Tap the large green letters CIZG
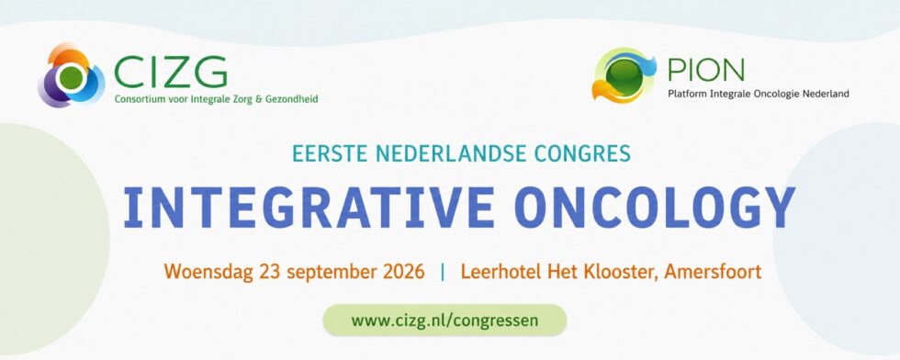tap(171, 72)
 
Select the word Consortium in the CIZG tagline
tap(136, 99)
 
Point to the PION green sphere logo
tap(623, 75)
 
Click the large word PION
tap(706, 70)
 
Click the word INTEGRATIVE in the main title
tap(309, 207)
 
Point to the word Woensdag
tap(208, 271)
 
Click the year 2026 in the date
tap(405, 270)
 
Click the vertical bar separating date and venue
tap(443, 271)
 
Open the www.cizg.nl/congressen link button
tap(444, 320)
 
